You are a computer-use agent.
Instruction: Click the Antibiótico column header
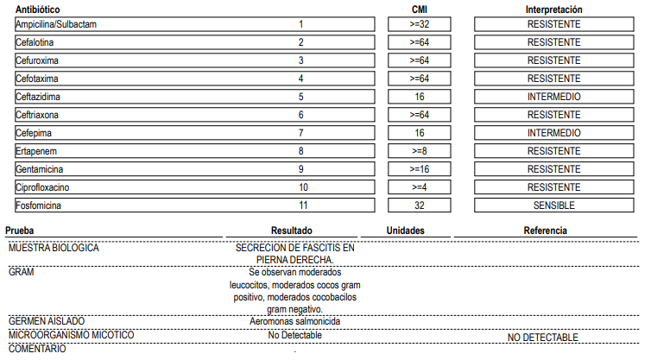pos(38,9)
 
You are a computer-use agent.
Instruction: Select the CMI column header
pos(420,9)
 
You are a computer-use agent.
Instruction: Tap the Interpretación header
pos(553,9)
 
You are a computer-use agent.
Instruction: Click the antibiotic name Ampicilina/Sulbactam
pos(56,24)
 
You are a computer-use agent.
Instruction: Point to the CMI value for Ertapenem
pos(420,151)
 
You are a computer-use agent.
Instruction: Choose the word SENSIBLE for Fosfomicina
pos(554,205)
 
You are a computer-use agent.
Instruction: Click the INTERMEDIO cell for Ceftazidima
pos(554,97)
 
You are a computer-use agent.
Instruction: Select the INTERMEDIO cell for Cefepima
pos(554,133)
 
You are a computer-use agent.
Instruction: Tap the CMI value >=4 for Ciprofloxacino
pos(420,187)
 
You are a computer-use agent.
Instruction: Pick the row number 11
pos(303,205)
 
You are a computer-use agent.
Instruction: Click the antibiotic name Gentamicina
pos(40,169)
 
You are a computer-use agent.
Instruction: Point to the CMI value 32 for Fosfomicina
pos(420,205)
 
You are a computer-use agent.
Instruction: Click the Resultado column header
pos(292,231)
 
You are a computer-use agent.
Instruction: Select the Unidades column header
pos(405,231)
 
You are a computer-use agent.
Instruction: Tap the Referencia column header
pos(545,231)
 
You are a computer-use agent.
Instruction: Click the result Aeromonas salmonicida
pos(294,321)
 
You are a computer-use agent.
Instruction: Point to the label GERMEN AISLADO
pos(47,321)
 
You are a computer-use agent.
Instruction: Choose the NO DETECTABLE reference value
pos(542,338)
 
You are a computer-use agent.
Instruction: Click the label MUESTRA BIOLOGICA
pos(54,248)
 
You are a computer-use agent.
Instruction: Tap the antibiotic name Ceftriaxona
pos(37,115)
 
